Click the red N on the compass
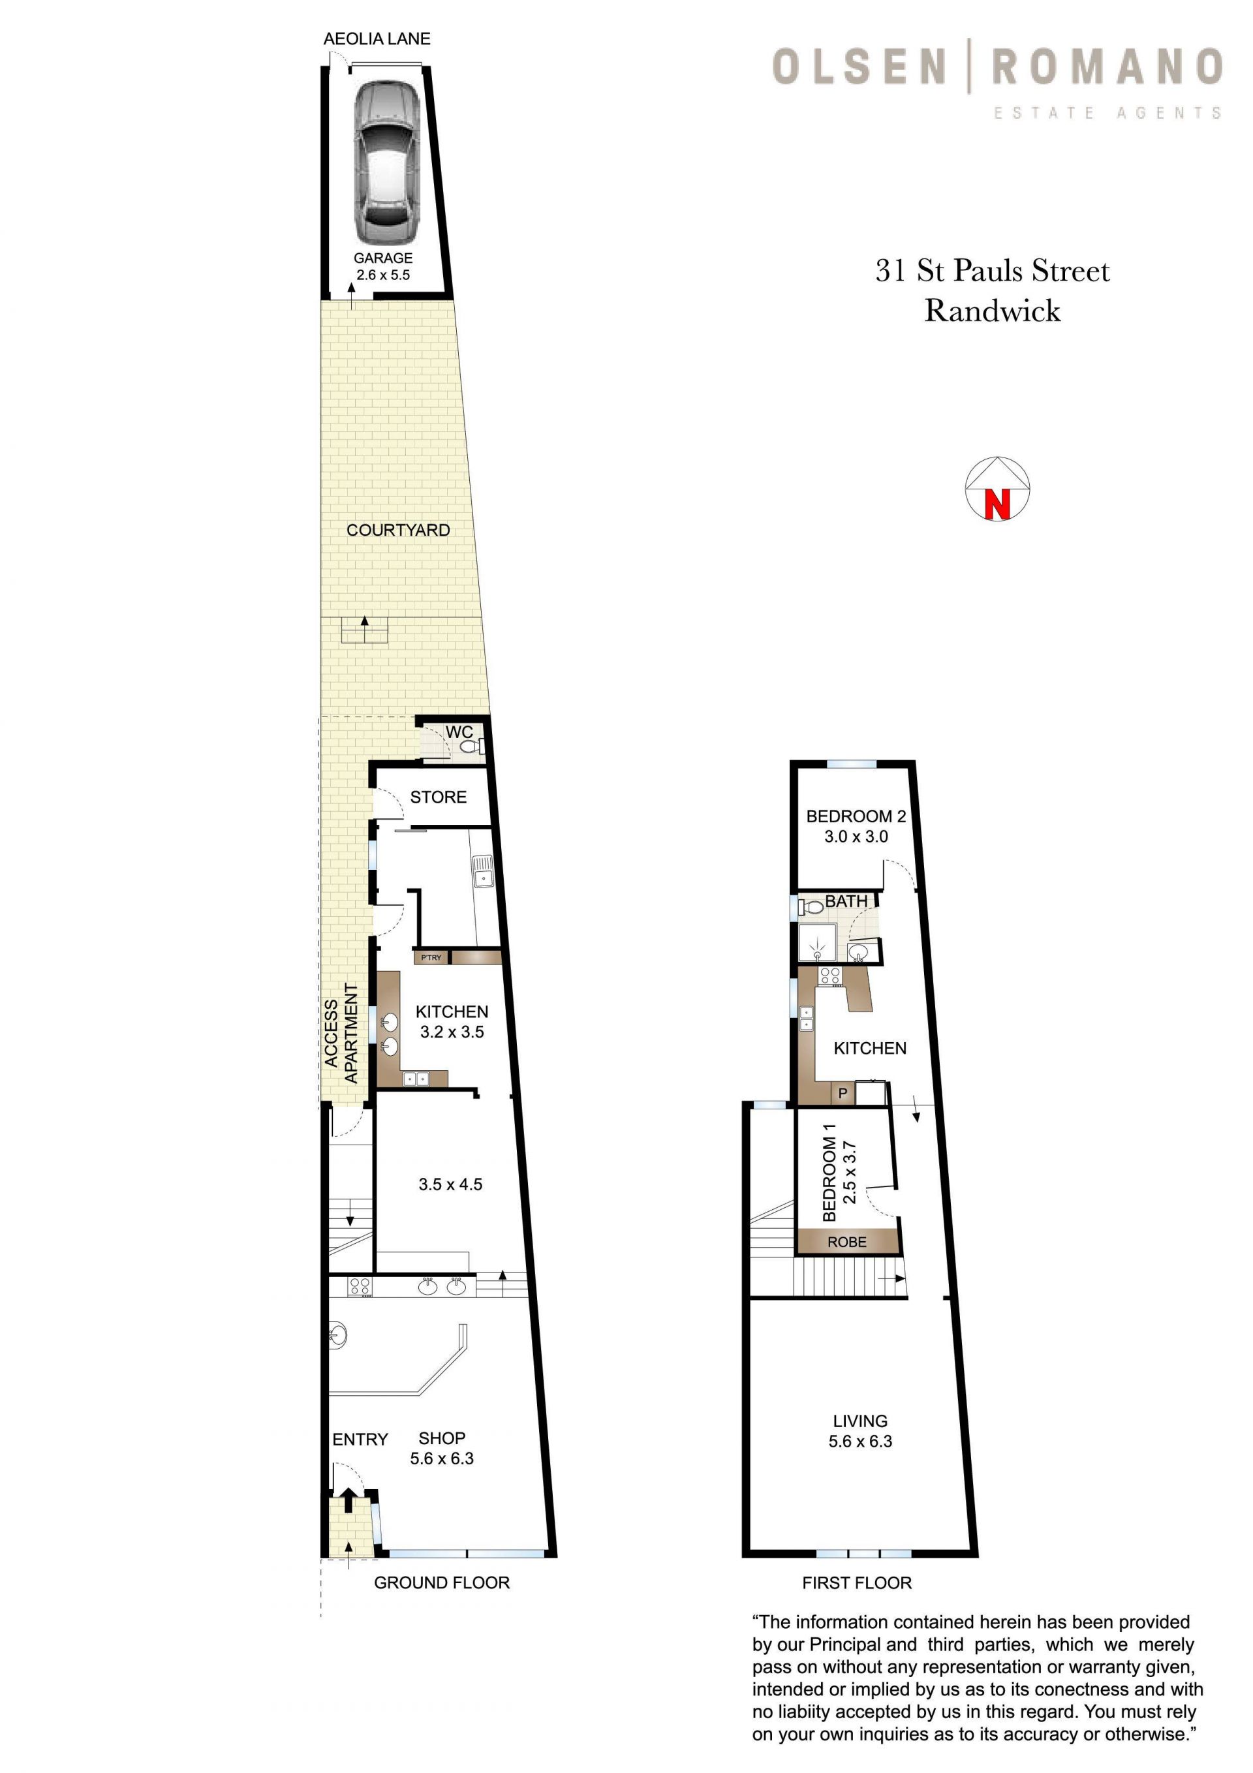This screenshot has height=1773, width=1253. [997, 504]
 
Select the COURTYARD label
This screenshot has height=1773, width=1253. [398, 530]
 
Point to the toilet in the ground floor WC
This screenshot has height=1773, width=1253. [470, 747]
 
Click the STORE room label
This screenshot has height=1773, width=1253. [438, 797]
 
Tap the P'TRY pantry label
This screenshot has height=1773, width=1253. [431, 957]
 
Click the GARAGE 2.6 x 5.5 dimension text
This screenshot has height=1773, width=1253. [383, 266]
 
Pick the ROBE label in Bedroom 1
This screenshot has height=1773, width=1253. [846, 1242]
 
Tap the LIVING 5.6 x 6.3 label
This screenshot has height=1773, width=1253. [859, 1431]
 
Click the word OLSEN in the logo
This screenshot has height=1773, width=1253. [859, 67]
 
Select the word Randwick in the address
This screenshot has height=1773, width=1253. [993, 310]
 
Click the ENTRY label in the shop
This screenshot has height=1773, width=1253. [360, 1440]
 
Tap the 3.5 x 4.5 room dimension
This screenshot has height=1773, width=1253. [450, 1184]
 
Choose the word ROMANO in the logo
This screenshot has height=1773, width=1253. [1107, 67]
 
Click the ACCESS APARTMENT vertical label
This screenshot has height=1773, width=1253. [341, 1033]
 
